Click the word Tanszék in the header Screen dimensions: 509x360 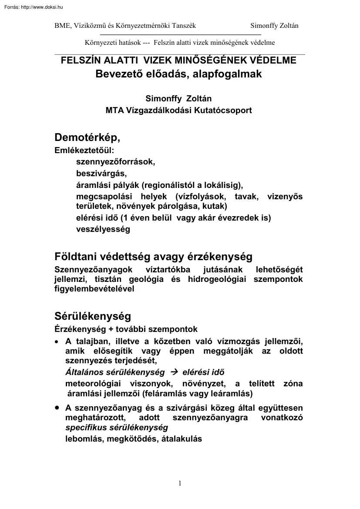pos(184,26)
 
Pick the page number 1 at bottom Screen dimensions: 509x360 pos(180,483)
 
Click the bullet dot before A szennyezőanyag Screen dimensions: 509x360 pos(57,408)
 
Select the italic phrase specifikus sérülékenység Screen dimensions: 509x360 pos(116,427)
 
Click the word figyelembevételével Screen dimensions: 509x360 pos(94,288)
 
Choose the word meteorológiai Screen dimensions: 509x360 pos(94,384)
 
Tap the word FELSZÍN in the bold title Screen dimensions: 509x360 pos(80,60)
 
